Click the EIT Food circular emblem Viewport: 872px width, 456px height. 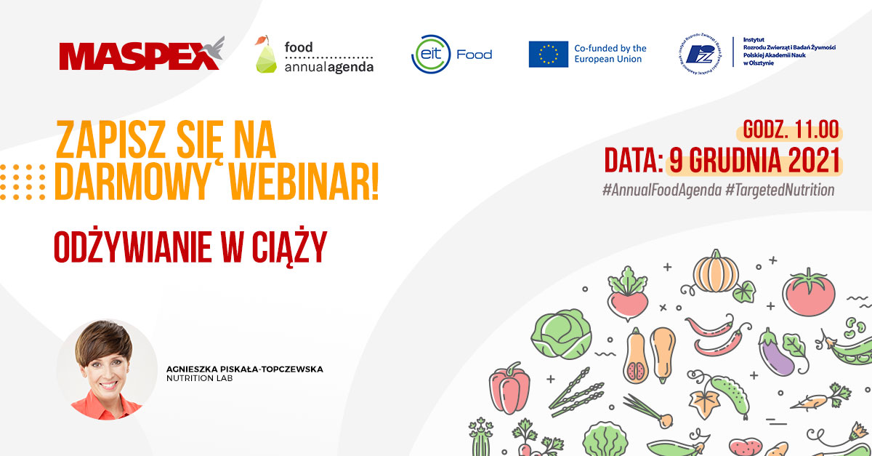[429, 55]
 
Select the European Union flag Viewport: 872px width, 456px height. [548, 55]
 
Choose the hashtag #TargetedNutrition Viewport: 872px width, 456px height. [779, 189]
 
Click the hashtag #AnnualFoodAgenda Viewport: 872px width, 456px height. [661, 189]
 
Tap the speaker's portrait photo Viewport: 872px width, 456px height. [107, 369]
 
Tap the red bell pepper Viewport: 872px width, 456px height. [509, 392]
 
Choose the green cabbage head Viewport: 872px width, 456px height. [560, 335]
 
